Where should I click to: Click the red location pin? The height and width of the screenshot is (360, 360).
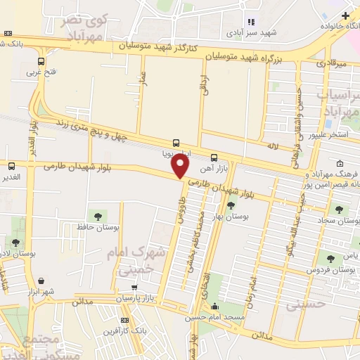(x=181, y=166)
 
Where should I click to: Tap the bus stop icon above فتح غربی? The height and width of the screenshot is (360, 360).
(x=41, y=61)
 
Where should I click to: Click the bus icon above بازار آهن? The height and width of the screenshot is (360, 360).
(x=214, y=158)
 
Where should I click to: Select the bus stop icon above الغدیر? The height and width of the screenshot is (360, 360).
(x=11, y=167)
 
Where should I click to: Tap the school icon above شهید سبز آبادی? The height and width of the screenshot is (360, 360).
(x=251, y=22)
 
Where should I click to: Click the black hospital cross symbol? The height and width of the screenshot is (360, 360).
(x=345, y=15)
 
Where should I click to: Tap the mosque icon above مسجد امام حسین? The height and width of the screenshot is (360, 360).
(x=214, y=307)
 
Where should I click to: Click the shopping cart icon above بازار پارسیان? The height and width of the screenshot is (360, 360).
(x=135, y=287)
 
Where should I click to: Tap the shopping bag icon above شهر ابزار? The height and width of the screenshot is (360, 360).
(x=41, y=280)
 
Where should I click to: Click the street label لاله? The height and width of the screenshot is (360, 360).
(x=273, y=146)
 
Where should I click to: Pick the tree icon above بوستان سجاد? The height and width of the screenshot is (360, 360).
(x=340, y=209)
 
